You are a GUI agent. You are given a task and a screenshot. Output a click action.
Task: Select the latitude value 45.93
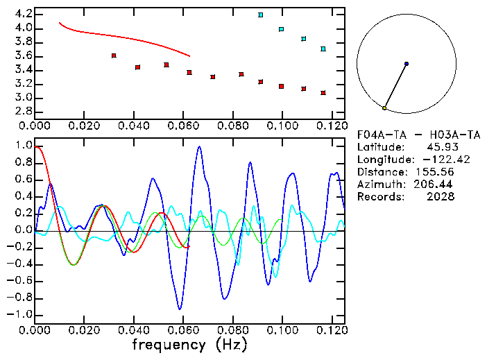(x=436, y=147)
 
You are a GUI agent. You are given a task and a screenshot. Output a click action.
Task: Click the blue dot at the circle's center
(x=407, y=64)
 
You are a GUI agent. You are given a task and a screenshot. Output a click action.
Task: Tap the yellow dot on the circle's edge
(x=384, y=108)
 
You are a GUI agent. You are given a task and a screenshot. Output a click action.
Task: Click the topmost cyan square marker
(x=260, y=15)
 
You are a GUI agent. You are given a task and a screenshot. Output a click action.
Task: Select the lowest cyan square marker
(x=323, y=49)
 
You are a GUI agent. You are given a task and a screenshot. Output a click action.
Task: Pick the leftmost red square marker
(x=114, y=55)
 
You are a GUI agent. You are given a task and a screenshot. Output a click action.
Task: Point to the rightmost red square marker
(x=323, y=93)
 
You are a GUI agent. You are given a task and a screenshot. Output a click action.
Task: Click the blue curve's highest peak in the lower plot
(x=199, y=146)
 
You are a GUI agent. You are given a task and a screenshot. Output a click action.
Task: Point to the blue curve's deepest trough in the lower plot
(x=180, y=309)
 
